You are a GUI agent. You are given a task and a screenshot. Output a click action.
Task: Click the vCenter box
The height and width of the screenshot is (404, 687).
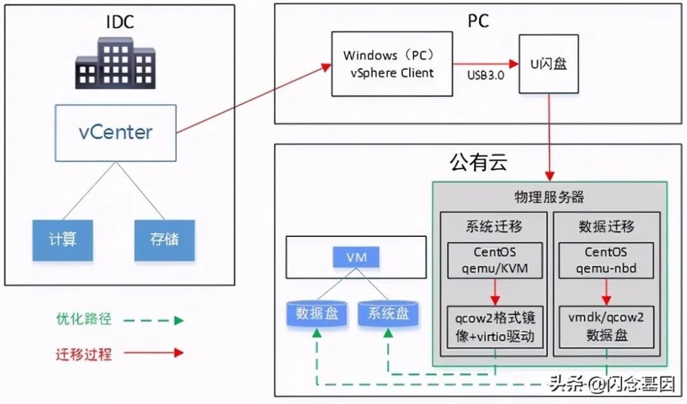[115, 133]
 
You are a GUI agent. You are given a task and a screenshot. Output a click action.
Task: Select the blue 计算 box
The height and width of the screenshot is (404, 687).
[62, 239]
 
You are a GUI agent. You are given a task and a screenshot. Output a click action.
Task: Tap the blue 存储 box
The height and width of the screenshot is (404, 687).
[164, 239]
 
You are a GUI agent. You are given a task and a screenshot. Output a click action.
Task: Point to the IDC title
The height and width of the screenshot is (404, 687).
[120, 22]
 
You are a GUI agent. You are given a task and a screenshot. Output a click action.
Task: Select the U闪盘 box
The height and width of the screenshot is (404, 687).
[548, 64]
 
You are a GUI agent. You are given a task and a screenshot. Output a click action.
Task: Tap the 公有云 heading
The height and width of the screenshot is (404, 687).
[478, 163]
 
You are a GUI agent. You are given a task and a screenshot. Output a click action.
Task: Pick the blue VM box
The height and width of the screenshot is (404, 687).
[356, 257]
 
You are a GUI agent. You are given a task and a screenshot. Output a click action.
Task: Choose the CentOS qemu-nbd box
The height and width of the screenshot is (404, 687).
[606, 260]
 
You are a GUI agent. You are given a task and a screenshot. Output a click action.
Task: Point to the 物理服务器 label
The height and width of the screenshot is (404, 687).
[549, 196]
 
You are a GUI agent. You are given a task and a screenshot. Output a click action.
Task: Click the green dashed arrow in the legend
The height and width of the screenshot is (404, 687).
[153, 320]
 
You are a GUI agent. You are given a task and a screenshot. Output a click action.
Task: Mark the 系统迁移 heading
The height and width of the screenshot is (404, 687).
[494, 226]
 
